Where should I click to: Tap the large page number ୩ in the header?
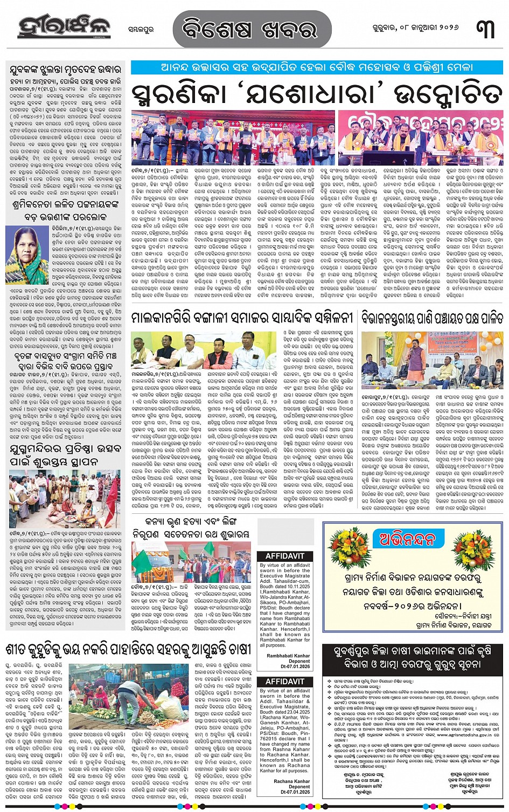486,28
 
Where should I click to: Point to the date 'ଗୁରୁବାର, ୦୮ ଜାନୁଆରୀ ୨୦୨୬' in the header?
409,27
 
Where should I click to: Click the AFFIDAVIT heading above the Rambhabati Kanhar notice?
285,556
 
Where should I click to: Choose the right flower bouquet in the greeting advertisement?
474,550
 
